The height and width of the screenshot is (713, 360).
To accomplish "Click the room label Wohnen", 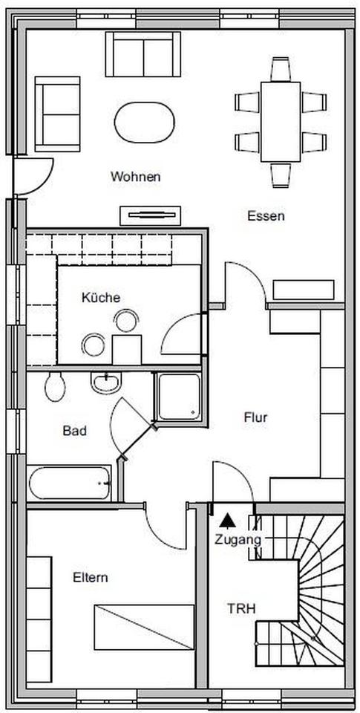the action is [135, 177].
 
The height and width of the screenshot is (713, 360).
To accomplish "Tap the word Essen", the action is [266, 216].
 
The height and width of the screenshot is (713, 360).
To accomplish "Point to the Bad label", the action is [74, 430].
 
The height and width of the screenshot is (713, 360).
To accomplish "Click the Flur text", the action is [255, 417].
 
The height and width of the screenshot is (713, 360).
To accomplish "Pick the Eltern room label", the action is [91, 578].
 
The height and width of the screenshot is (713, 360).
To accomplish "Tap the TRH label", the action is [241, 608].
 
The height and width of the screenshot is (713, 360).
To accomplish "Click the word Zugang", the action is [238, 540].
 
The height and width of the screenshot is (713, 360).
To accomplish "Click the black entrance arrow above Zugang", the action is [227, 520].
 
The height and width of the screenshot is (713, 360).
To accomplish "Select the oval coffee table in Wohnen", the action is [145, 123].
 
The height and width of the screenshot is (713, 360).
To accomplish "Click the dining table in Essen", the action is [281, 121].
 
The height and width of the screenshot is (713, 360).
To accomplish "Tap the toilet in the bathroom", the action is [55, 386].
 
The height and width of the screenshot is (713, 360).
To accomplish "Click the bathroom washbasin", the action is [106, 382].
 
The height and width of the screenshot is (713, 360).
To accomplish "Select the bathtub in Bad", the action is [69, 483].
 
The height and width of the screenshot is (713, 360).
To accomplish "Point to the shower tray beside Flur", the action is [179, 397].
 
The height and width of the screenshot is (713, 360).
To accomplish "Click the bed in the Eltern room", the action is [144, 627].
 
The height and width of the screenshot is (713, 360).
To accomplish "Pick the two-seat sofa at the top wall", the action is [143, 54].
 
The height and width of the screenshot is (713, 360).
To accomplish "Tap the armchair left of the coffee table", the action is [58, 114].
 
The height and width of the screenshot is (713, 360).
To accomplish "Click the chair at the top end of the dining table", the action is [281, 69].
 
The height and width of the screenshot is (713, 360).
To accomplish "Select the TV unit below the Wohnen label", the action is [151, 215].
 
